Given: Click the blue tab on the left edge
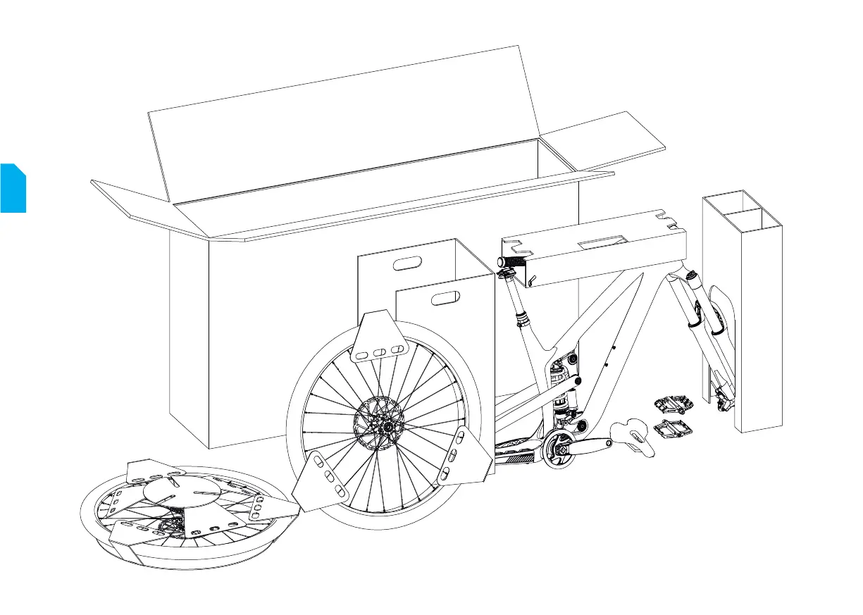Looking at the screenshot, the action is [13, 187].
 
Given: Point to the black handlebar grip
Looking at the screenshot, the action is [512, 261].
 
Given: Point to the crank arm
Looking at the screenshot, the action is [592, 445].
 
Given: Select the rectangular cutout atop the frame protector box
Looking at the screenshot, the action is [603, 242].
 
